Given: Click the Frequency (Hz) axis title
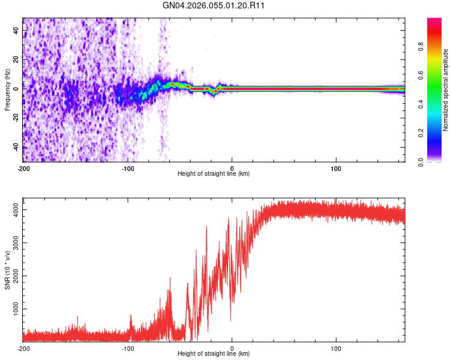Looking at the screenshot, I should tap(7, 89).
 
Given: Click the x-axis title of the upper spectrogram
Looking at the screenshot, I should tap(214, 174).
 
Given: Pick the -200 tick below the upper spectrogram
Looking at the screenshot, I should tap(23, 169).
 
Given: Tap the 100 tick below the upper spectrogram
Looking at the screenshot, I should tap(337, 169).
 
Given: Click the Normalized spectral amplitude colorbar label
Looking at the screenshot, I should tap(446, 91).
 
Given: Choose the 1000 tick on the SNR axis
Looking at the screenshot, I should tap(13, 308).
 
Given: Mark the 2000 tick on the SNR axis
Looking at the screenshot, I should tap(13, 275).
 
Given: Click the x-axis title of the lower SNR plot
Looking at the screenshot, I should tap(214, 354).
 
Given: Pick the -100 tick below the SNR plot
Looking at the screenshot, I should tap(128, 349).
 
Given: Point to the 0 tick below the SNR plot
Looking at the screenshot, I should tap(232, 349).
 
